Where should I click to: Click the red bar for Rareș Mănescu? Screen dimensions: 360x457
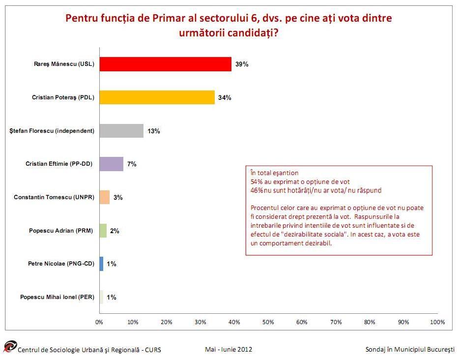(165, 64)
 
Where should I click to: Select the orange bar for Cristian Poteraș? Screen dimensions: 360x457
(157, 97)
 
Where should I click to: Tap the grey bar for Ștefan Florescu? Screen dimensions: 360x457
(121, 131)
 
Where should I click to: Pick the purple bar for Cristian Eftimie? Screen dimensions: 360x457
(112, 164)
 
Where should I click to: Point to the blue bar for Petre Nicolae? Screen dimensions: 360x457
(102, 264)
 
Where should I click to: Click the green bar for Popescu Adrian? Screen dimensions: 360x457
(103, 231)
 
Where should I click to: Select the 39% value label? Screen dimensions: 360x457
(242, 64)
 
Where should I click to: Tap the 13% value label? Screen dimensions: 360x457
(154, 131)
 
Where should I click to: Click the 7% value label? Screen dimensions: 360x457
(132, 164)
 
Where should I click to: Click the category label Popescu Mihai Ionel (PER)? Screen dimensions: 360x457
(57, 297)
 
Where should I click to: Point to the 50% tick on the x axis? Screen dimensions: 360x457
(268, 322)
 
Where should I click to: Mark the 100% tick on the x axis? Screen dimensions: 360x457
(437, 322)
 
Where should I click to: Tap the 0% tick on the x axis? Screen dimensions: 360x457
(99, 322)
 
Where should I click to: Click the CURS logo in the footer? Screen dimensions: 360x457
(10, 347)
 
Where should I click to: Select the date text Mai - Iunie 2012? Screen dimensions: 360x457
(228, 349)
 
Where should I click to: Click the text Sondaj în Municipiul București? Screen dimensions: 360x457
(410, 349)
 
